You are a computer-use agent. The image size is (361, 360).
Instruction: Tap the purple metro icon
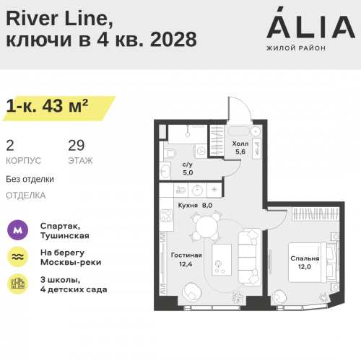click(x=17, y=230)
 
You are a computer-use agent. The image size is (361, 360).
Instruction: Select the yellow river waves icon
click(x=17, y=257)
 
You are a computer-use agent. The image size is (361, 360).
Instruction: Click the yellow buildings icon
click(x=17, y=284)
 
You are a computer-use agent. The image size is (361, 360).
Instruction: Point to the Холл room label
click(x=240, y=144)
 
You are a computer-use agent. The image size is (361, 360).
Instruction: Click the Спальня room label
click(x=305, y=258)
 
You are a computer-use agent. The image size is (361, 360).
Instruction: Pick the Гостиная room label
click(x=186, y=255)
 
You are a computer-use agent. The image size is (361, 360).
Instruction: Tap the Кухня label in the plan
click(x=188, y=206)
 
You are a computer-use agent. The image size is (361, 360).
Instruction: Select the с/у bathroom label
click(x=188, y=164)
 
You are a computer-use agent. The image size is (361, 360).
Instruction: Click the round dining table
click(x=206, y=227)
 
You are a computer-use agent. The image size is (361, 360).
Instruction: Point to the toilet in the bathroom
click(x=170, y=153)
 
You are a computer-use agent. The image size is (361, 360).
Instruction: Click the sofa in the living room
click(x=250, y=257)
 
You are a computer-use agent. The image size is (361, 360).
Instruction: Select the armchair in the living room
click(x=192, y=291)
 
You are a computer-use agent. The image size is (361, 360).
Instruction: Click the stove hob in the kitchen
click(x=166, y=216)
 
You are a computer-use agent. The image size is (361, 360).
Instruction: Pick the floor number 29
click(x=77, y=146)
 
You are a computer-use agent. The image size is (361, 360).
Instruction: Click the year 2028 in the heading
click(x=173, y=40)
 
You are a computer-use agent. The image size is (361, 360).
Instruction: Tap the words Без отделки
click(x=30, y=180)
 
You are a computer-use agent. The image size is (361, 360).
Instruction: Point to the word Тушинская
click(x=65, y=236)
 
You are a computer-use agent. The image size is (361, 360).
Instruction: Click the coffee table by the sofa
click(x=222, y=260)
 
